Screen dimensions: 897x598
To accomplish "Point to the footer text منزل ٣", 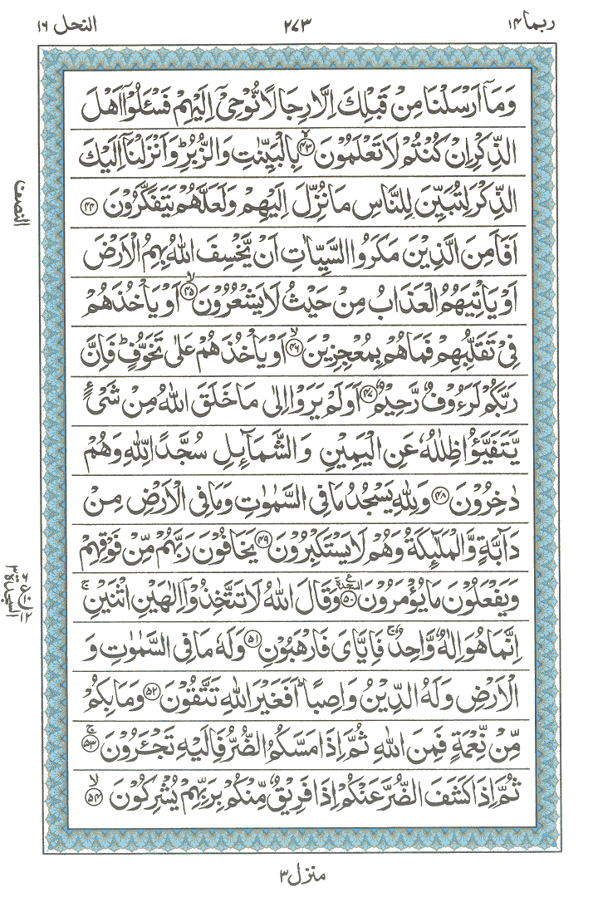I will [300, 873].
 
